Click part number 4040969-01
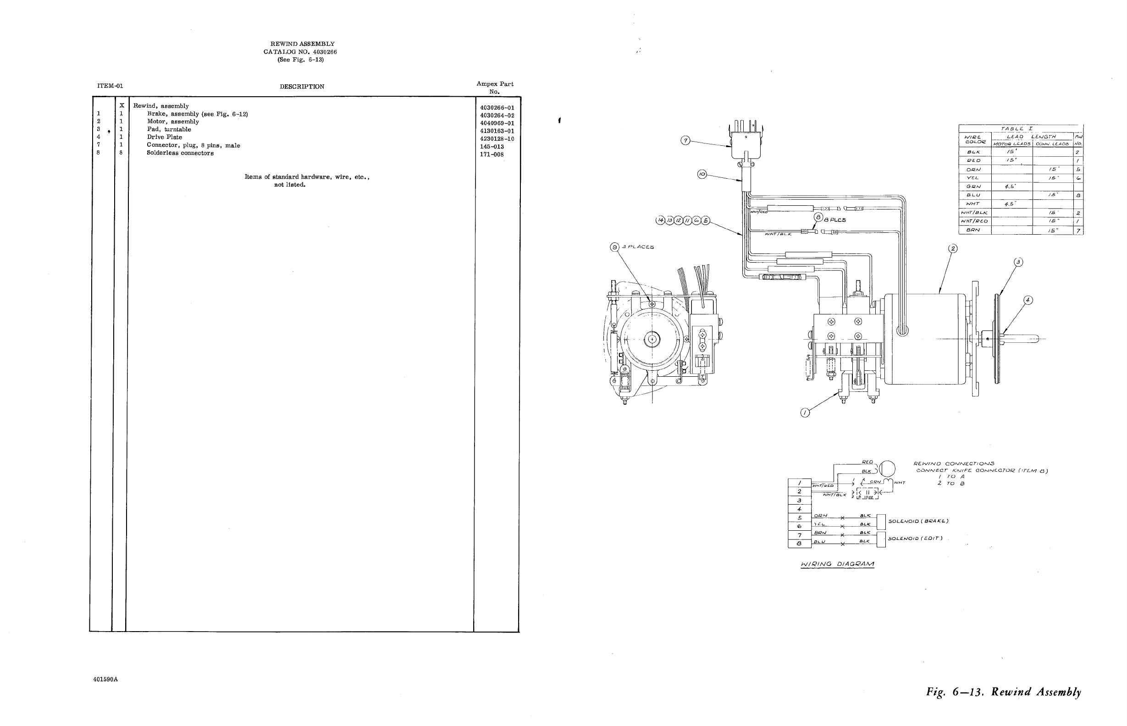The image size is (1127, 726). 497,123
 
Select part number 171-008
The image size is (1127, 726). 492,154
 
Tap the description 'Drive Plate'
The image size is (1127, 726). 164,137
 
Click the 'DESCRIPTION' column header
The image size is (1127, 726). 302,87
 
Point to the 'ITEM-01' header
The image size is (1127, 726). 110,86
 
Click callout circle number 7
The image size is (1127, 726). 686,141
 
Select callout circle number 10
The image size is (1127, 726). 702,175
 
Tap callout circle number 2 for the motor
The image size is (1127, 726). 952,248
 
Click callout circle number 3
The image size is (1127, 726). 1018,262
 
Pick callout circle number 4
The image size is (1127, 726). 1028,300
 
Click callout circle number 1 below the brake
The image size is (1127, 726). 806,413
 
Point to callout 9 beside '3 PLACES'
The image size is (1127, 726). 614,247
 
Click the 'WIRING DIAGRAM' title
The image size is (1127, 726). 837,564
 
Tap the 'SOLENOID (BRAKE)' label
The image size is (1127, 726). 918,521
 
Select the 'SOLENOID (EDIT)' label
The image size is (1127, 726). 915,539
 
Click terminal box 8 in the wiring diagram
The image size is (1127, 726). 799,543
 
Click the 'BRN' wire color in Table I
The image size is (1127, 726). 973,230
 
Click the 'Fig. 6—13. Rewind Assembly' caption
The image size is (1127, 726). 1004,692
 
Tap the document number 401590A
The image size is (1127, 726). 105,680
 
